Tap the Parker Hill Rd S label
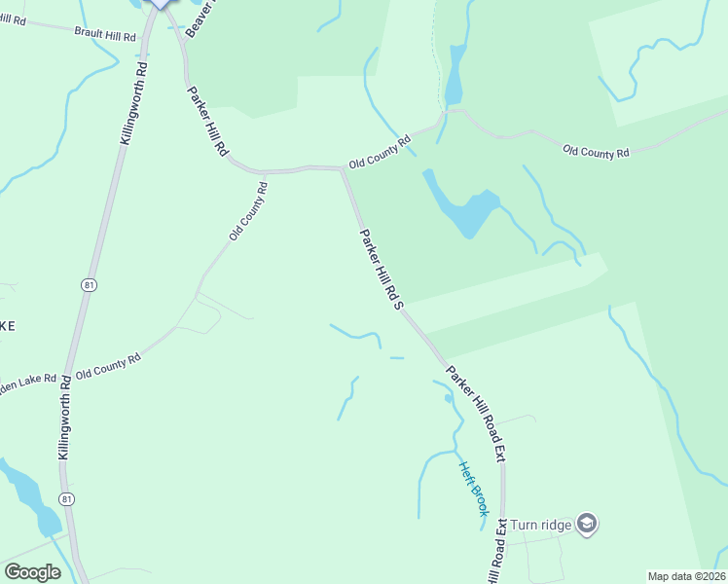coord(381,270)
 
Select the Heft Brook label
coord(473,488)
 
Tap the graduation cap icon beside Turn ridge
coord(586,525)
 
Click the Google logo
coord(32,572)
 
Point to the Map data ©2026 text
coord(687,575)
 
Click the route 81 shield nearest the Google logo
coord(66,498)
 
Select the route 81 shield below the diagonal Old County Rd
coord(89,284)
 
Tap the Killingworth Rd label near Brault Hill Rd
coord(133,103)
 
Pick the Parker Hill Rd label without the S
coord(206,123)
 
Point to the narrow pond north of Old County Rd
coord(454,76)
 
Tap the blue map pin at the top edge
coord(160,3)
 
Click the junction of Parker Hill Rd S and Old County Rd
coord(342,169)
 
